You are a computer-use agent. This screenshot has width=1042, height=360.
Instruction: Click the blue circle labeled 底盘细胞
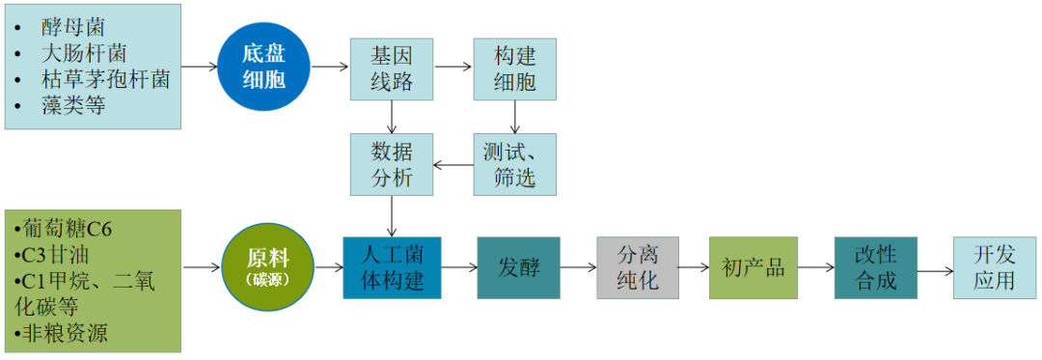pos(263,67)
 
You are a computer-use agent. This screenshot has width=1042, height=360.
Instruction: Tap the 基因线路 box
pos(392,69)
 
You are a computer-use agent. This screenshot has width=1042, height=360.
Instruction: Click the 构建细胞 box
pos(514,69)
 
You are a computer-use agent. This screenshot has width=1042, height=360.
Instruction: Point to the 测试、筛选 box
pos(514,164)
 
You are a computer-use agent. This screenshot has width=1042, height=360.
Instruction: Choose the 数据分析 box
pos(392,164)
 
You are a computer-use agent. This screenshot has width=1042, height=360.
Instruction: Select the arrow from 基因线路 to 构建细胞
pos(453,68)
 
